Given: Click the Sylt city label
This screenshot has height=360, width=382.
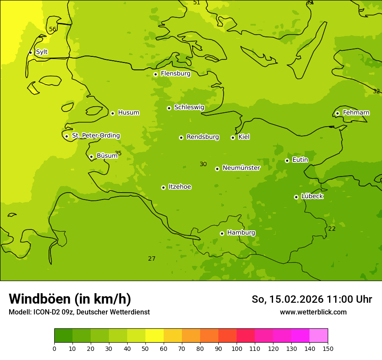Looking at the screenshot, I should (42, 52).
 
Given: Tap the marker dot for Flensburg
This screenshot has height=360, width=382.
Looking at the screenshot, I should (155, 74).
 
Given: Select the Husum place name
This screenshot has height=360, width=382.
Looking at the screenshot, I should (128, 113).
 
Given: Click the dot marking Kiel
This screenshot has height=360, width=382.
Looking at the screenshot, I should (233, 137).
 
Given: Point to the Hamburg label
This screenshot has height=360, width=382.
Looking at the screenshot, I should (241, 233).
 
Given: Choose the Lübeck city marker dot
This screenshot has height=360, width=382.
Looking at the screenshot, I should (296, 197).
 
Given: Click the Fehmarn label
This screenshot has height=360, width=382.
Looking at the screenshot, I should (356, 113).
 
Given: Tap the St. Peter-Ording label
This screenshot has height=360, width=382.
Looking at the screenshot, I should (96, 136).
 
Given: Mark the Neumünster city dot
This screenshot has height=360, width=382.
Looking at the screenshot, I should (217, 169).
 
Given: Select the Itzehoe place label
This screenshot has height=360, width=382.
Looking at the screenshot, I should (180, 187).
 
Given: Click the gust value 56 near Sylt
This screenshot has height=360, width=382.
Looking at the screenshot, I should (53, 29).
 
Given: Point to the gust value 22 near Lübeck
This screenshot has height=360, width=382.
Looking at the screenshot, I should (332, 229).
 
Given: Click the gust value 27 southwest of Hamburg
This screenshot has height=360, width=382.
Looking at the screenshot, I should (151, 259).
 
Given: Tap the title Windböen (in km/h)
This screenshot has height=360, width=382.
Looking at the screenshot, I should (70, 299).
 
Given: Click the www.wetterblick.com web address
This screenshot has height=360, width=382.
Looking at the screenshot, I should (313, 312).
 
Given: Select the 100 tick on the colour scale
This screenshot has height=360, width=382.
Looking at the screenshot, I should (237, 349).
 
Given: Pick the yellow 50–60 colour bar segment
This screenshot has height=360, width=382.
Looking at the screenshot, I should (155, 336).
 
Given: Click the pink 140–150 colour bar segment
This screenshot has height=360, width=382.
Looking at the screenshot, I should (319, 336).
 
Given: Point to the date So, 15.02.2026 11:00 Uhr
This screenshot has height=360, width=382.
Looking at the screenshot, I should (312, 299).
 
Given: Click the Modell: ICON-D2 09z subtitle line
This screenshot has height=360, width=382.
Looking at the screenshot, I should (79, 312).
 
